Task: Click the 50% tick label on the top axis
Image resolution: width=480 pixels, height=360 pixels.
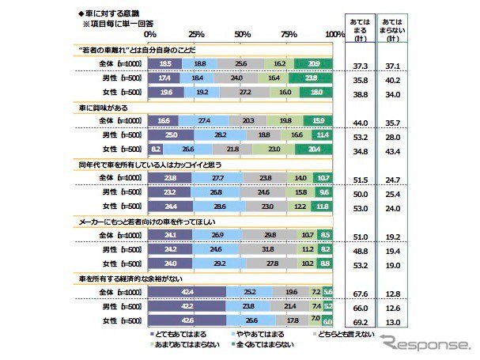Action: point(243,35)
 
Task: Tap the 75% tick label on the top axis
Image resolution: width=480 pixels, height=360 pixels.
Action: point(289,35)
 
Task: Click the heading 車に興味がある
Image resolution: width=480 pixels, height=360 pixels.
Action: point(102,107)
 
